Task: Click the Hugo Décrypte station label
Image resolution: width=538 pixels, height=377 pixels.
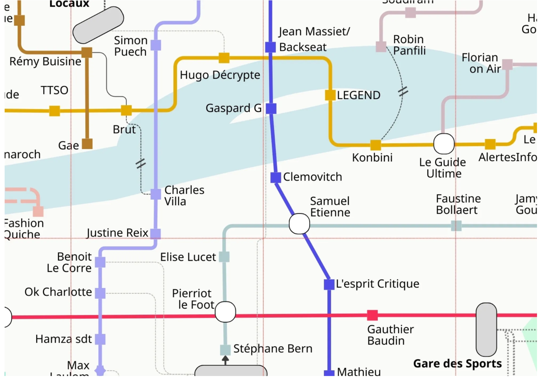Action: point(220,75)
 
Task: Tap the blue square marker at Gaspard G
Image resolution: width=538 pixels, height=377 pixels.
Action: point(271,108)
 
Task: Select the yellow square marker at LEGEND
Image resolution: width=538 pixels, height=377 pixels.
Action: point(330,95)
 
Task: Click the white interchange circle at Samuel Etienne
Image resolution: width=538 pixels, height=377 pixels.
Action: point(299,224)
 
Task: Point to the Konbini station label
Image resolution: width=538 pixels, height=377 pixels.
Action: point(372,157)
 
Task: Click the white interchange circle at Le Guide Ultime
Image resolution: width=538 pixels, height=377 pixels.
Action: point(444,144)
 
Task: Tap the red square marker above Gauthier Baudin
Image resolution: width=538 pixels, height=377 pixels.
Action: point(372,315)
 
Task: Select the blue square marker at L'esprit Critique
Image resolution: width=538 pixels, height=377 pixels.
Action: point(329,284)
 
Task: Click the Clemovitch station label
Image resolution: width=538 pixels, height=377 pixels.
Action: point(313,177)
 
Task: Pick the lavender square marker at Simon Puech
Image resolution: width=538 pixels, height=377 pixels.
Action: point(156,45)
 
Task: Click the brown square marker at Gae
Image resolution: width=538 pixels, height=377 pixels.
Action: point(87,144)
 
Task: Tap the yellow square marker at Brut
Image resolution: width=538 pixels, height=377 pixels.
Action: point(126,110)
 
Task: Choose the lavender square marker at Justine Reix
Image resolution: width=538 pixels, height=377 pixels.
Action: point(155,233)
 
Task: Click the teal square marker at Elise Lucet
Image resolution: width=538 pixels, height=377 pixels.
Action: point(224,257)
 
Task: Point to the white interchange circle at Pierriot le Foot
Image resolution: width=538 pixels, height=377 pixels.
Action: point(225,312)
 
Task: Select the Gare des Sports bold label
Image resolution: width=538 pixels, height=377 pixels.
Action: point(457,363)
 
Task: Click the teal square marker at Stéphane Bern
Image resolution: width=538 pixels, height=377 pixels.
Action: point(225,350)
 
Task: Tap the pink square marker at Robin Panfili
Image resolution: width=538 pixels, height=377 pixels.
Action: point(381,47)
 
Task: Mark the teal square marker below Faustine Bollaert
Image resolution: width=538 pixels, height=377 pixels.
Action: point(456,226)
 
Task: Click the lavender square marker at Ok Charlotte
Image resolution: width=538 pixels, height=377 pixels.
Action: point(100,293)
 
